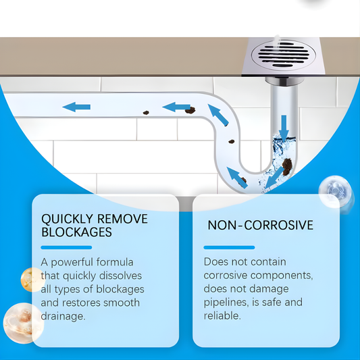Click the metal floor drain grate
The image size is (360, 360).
(x=284, y=55)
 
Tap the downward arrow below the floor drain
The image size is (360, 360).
(x=284, y=128)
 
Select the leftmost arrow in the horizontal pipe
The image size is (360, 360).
(x=76, y=107)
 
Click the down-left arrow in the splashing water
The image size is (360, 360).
(x=274, y=177)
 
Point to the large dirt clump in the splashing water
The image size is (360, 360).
(x=287, y=166)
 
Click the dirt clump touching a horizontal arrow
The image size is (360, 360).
(x=190, y=111)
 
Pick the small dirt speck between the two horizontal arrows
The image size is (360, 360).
(x=146, y=113)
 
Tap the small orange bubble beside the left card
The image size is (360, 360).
(x=32, y=280)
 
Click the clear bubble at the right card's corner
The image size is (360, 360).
(x=335, y=192)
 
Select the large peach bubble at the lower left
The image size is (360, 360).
(x=24, y=323)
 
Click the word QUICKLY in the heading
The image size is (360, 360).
(x=67, y=219)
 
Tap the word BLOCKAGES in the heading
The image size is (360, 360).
(x=76, y=232)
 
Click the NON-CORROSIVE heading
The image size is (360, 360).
(x=260, y=225)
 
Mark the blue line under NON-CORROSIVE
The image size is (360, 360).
(x=229, y=247)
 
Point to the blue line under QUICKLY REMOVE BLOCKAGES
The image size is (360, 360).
(x=66, y=247)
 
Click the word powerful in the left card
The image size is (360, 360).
(x=72, y=263)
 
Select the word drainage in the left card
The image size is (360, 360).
(x=63, y=317)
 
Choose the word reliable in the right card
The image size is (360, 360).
(x=222, y=315)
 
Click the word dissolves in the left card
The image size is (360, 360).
(x=120, y=276)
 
